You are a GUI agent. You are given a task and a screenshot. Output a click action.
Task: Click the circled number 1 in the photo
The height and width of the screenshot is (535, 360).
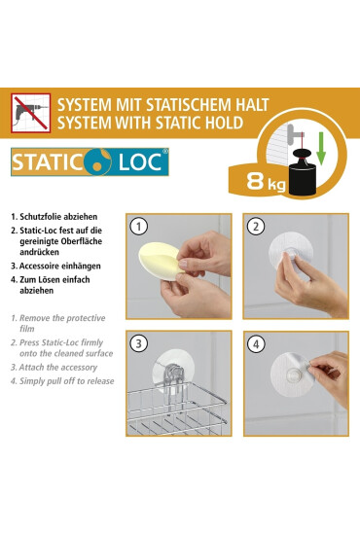point(139,227)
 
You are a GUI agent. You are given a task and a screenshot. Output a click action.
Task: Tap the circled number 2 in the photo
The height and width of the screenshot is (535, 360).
point(255,227)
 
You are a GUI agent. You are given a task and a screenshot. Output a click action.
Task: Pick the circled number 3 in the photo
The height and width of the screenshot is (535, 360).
point(139,343)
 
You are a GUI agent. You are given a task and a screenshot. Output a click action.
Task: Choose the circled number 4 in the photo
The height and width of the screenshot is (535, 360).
point(255,343)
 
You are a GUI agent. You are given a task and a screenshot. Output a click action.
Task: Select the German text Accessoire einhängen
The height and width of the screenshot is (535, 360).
point(65,264)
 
